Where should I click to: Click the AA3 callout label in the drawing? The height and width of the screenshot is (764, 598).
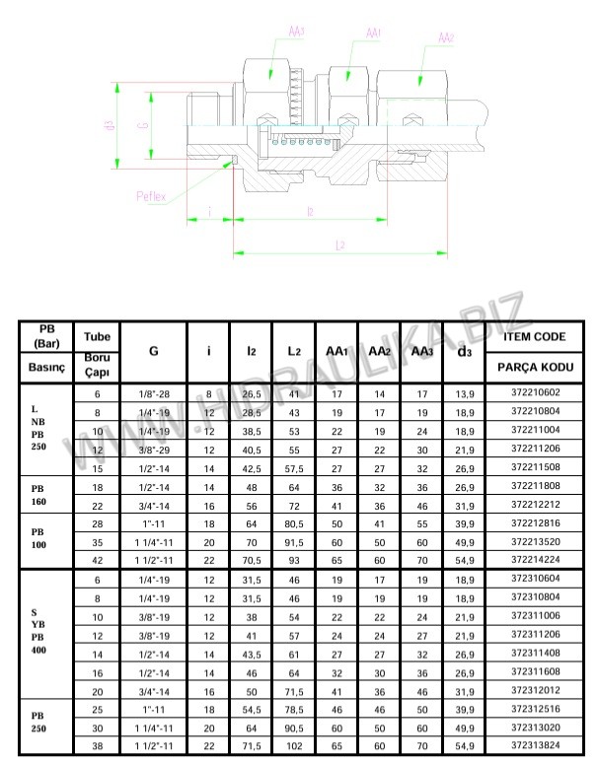[294, 32]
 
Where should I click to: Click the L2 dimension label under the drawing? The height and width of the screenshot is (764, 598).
[339, 245]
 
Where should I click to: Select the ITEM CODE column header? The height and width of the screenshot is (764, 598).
[534, 336]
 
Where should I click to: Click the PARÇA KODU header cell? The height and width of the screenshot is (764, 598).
[534, 370]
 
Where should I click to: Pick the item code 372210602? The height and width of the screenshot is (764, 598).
[534, 394]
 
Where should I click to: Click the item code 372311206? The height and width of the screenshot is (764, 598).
[534, 634]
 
